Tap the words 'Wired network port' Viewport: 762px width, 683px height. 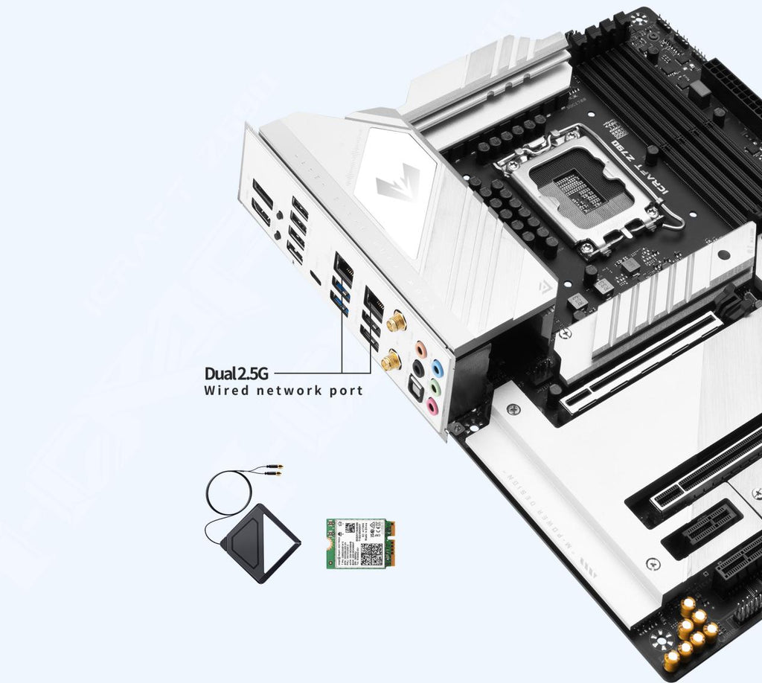click(284, 391)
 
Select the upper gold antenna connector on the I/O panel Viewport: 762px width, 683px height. click(395, 323)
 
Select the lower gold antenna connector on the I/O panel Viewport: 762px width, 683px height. click(391, 362)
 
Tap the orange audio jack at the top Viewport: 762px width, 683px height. click(421, 348)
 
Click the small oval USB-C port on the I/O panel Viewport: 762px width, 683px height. click(316, 279)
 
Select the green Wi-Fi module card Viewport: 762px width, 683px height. click(358, 544)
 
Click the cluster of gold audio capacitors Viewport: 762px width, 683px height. click(694, 632)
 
